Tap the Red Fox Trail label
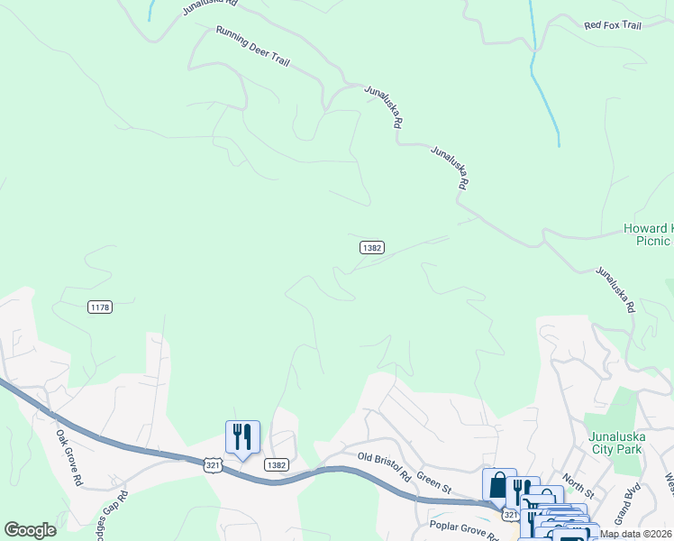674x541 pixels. pos(612,26)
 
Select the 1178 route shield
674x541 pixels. pos(100,307)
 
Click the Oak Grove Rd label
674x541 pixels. pos(68,457)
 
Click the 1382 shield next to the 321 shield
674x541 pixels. pos(278,464)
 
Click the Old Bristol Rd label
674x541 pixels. pos(384,466)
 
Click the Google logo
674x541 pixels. pos(30,530)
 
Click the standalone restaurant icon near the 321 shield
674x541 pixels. pos(242,437)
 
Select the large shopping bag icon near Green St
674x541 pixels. pos(499,485)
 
